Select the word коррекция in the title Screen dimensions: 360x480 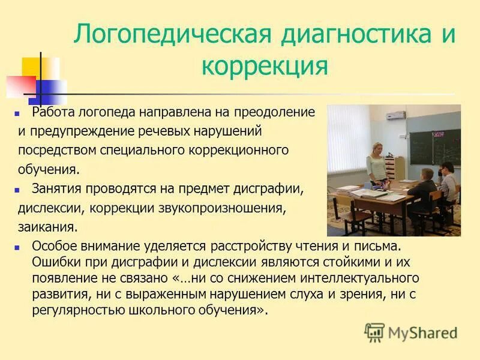tap(265, 65)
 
